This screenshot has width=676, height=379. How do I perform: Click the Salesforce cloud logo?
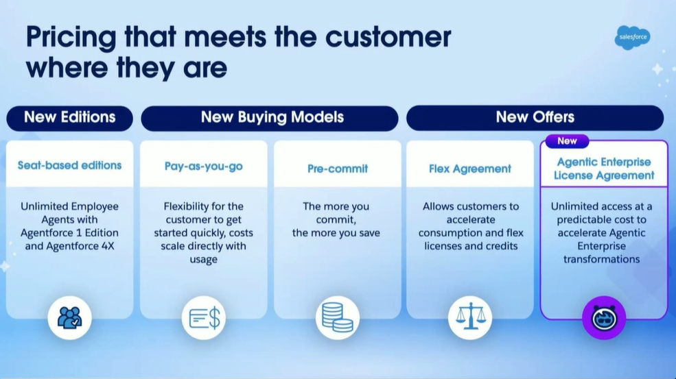[x=633, y=38]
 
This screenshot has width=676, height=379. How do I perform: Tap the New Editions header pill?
[x=69, y=118]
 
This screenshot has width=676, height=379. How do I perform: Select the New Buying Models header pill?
[x=270, y=118]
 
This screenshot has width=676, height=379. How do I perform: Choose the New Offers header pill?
[x=535, y=118]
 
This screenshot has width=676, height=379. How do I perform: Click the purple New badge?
[x=567, y=140]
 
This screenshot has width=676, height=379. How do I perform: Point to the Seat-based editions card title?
[x=69, y=165]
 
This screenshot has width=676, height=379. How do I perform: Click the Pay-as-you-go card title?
[x=204, y=167]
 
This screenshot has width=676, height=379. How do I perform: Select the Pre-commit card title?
[x=338, y=169]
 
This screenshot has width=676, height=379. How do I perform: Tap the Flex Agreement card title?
[x=470, y=169]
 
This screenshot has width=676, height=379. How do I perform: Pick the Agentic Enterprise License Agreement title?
[x=604, y=169]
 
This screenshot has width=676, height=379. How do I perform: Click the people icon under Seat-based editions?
[x=69, y=318]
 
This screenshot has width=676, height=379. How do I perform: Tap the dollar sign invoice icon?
[x=204, y=318]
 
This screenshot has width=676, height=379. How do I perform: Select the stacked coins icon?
[x=338, y=318]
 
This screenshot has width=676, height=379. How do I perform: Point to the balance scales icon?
[x=470, y=318]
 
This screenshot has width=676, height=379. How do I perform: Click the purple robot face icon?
[x=604, y=318]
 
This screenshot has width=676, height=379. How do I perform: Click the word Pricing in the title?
[x=71, y=38]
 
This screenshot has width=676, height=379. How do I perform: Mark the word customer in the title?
[x=388, y=37]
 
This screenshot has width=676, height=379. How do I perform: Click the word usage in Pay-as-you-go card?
[x=204, y=260]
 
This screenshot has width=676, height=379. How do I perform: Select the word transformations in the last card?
[x=601, y=259]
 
